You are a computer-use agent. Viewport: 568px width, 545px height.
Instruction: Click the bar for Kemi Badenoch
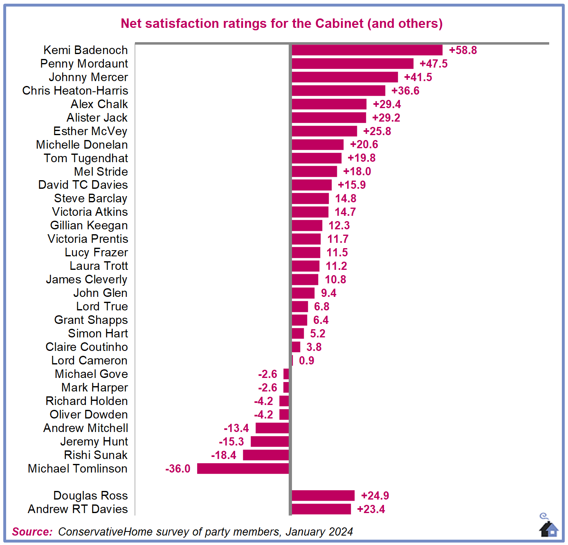click(367, 50)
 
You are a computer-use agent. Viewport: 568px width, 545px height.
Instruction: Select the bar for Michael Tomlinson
click(243, 468)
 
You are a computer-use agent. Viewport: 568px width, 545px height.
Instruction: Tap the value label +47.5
click(433, 63)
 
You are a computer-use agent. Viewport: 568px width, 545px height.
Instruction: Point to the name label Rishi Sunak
click(96, 455)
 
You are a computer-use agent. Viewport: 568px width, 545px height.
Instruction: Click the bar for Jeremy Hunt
click(269, 441)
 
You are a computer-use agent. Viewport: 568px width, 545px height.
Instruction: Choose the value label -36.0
click(178, 468)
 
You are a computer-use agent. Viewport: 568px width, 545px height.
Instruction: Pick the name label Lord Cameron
click(89, 360)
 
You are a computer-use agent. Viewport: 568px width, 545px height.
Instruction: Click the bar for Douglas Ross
click(323, 495)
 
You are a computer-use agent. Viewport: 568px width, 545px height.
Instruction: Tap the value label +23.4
click(371, 509)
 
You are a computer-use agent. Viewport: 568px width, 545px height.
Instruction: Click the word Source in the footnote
click(32, 531)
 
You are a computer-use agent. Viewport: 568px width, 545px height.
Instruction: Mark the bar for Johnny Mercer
click(345, 77)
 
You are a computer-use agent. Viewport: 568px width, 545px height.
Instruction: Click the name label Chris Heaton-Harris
click(75, 90)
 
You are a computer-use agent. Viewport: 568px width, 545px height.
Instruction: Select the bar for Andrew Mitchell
click(272, 428)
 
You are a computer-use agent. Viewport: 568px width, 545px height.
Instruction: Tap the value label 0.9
click(307, 360)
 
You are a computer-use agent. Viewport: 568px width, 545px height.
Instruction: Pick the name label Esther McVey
click(90, 131)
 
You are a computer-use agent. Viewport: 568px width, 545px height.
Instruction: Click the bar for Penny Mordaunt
click(352, 63)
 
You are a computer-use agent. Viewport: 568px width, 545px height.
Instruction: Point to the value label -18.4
click(224, 455)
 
